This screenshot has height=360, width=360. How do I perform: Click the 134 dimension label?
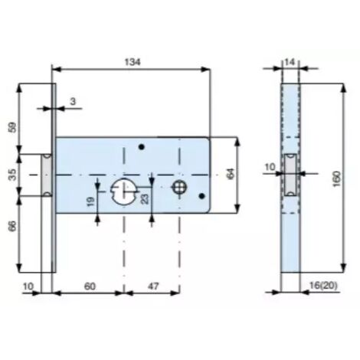[x=133, y=62]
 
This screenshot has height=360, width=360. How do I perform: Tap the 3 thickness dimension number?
[x=73, y=101]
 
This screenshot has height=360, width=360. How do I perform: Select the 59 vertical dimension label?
[x=12, y=127]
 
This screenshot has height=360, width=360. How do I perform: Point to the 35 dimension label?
[x=12, y=175]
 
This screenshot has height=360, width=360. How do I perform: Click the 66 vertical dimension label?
[x=12, y=226]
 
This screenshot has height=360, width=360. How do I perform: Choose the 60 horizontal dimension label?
[x=90, y=286]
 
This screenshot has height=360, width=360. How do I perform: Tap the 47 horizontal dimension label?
[x=153, y=286]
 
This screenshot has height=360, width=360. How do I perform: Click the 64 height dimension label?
[x=231, y=174]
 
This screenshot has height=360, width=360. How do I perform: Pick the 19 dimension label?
[x=90, y=201]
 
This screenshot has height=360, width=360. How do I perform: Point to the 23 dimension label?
[x=145, y=199]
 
